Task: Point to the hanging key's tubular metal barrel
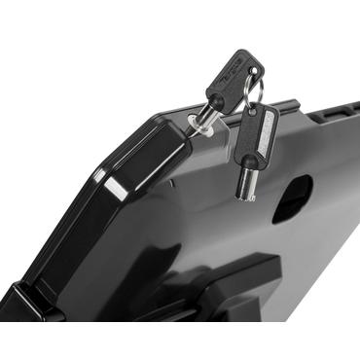pyautogui.click(x=245, y=184)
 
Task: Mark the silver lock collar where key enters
pyautogui.click(x=197, y=130)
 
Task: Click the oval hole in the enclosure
pyautogui.click(x=292, y=198)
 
